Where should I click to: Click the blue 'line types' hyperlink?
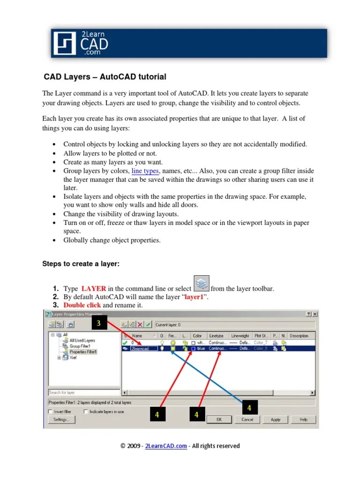point(145,171)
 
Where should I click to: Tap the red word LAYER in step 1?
point(93,289)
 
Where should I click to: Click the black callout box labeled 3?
point(99,323)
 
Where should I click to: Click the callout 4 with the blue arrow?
point(249,408)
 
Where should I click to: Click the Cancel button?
point(247,420)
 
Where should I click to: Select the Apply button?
point(276,420)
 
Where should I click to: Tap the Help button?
point(304,420)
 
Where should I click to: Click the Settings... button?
point(61,420)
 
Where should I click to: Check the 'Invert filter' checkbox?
point(50,412)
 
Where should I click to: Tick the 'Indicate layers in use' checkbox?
point(86,412)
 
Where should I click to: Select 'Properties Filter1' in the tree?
point(83,352)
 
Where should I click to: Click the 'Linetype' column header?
point(217,336)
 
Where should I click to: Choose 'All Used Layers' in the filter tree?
point(82,341)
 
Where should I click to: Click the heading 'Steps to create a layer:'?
point(81,264)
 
